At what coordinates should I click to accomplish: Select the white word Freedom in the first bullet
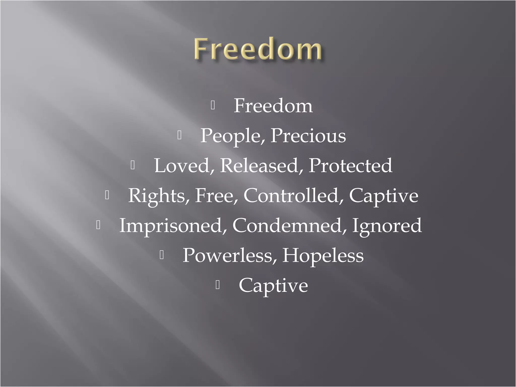(273, 106)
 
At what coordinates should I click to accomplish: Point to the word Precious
(308, 136)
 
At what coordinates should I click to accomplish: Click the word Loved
(182, 166)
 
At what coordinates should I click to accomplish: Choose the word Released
(259, 166)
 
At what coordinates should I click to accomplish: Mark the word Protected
(350, 166)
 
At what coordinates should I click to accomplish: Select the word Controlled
(291, 195)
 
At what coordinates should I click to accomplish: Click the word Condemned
(287, 225)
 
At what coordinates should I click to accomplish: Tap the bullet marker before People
(179, 136)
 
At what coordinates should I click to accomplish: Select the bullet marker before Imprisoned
(98, 225)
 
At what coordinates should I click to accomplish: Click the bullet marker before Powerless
(162, 255)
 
